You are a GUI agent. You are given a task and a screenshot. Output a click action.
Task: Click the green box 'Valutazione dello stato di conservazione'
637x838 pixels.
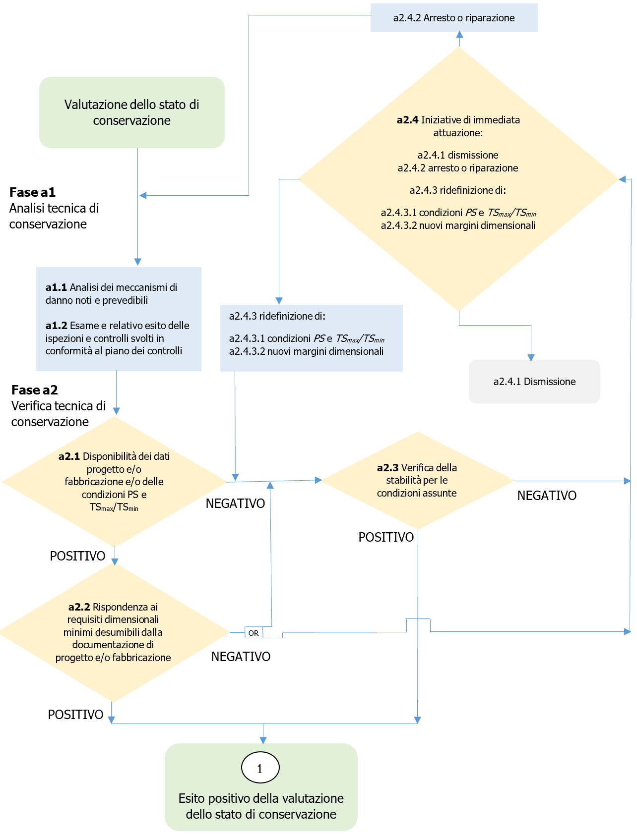[131, 112]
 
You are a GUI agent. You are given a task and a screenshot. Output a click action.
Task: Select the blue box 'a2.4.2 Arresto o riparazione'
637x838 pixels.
[453, 18]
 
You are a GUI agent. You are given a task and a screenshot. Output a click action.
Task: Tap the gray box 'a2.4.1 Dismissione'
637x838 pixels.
[534, 382]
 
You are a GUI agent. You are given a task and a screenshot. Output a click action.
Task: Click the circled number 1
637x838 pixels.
[260, 768]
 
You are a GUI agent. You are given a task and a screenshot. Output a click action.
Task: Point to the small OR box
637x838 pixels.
[254, 633]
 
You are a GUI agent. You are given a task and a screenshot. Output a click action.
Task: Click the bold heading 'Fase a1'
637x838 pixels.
[32, 192]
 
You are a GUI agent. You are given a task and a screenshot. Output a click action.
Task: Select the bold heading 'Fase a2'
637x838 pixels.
[34, 390]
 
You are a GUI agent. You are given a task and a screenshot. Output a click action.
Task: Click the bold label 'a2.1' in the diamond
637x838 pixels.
[69, 456]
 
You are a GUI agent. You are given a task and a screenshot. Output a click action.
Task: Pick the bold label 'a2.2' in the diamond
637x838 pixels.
[79, 607]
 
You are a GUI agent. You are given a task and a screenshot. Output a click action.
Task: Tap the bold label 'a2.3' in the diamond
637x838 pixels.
[387, 468]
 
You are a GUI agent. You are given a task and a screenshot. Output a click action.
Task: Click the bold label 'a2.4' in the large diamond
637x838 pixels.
[407, 120]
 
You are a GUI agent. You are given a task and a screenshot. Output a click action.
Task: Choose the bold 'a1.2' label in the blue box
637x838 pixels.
[56, 326]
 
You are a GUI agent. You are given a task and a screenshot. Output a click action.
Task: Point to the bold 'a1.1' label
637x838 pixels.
[56, 287]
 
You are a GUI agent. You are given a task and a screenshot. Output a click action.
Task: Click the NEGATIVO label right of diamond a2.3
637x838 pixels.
[547, 496]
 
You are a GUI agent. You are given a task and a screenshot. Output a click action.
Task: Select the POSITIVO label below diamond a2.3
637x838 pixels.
[386, 537]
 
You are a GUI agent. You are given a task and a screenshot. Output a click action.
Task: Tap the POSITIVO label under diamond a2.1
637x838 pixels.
[77, 556]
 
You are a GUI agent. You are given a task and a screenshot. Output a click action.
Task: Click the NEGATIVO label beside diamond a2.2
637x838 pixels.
[241, 657]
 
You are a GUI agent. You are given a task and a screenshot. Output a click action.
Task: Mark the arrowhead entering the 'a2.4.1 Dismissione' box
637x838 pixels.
[531, 357]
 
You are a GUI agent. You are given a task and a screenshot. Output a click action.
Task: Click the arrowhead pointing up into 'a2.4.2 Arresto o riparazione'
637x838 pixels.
[459, 35]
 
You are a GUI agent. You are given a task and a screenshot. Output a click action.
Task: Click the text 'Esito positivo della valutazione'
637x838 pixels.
[261, 798]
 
